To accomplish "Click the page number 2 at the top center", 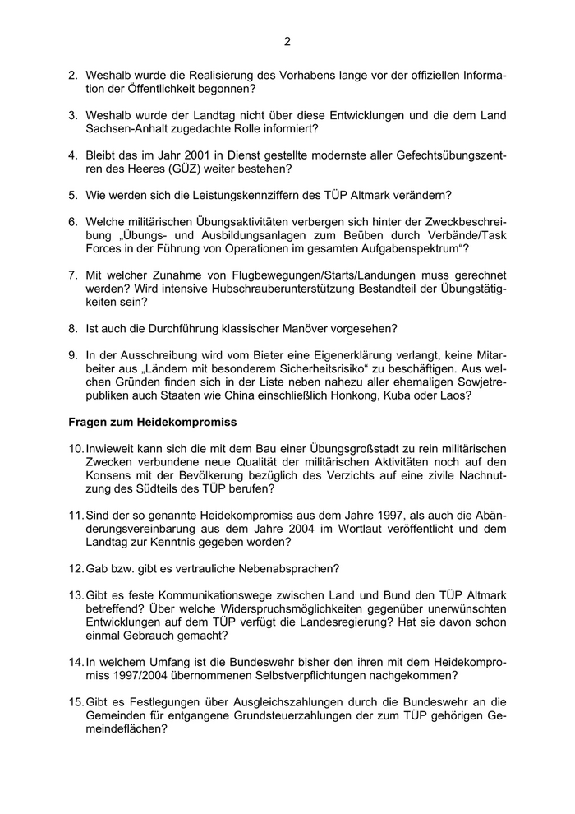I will tap(287, 42).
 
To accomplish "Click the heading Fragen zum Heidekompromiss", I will tap(152, 422).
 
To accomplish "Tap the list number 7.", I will tap(72, 274).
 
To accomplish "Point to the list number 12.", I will tap(74, 569).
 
